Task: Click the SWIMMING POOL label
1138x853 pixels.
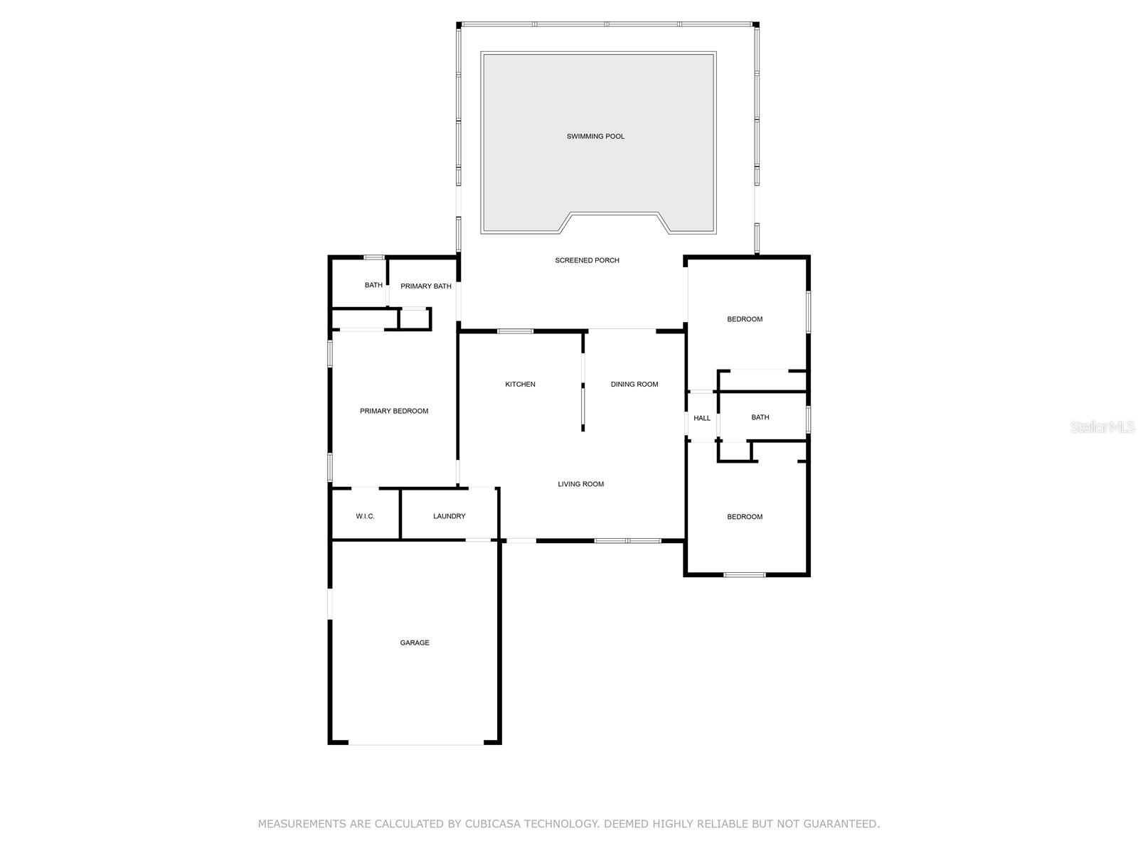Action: (x=595, y=136)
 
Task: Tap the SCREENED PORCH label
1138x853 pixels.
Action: (x=587, y=260)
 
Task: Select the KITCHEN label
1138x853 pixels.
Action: (x=520, y=385)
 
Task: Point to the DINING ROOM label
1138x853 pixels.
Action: (x=634, y=385)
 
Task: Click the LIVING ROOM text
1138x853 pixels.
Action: (x=580, y=484)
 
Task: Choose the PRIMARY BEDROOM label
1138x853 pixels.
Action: (x=394, y=411)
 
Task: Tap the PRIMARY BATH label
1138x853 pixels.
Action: (x=425, y=286)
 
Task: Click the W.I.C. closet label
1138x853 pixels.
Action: (x=365, y=516)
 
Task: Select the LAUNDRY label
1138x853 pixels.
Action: (x=449, y=516)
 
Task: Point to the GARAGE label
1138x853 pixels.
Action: (x=414, y=643)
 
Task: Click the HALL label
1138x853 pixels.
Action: (x=702, y=418)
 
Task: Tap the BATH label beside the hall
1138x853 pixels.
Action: (x=760, y=417)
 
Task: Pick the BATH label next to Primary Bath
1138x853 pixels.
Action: (x=373, y=285)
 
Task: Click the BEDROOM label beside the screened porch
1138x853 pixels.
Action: (x=744, y=319)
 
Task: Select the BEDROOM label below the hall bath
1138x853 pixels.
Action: (x=744, y=517)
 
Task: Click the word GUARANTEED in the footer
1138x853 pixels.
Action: (x=839, y=824)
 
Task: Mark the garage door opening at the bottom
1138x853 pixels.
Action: (x=416, y=744)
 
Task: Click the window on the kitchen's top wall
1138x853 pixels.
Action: (x=515, y=331)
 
